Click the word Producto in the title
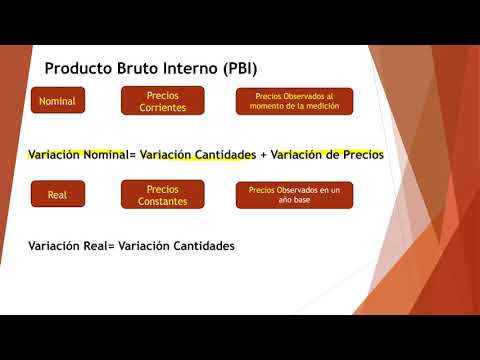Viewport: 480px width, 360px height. pyautogui.click(x=83, y=69)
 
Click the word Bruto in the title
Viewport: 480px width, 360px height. pyautogui.click(x=146, y=69)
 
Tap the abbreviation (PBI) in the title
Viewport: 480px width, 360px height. pyautogui.click(x=235, y=69)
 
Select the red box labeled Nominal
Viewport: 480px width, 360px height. pyautogui.click(x=57, y=101)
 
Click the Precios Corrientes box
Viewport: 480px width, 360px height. pyautogui.click(x=162, y=101)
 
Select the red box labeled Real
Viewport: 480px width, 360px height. pyautogui.click(x=57, y=194)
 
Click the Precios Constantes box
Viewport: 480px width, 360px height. pyautogui.click(x=162, y=194)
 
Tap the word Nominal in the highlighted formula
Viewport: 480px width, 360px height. pyautogui.click(x=104, y=155)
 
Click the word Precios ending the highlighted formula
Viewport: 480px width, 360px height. pyautogui.click(x=362, y=155)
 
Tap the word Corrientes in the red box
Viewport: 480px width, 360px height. pyautogui.click(x=162, y=107)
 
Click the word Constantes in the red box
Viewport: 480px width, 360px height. pyautogui.click(x=162, y=200)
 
